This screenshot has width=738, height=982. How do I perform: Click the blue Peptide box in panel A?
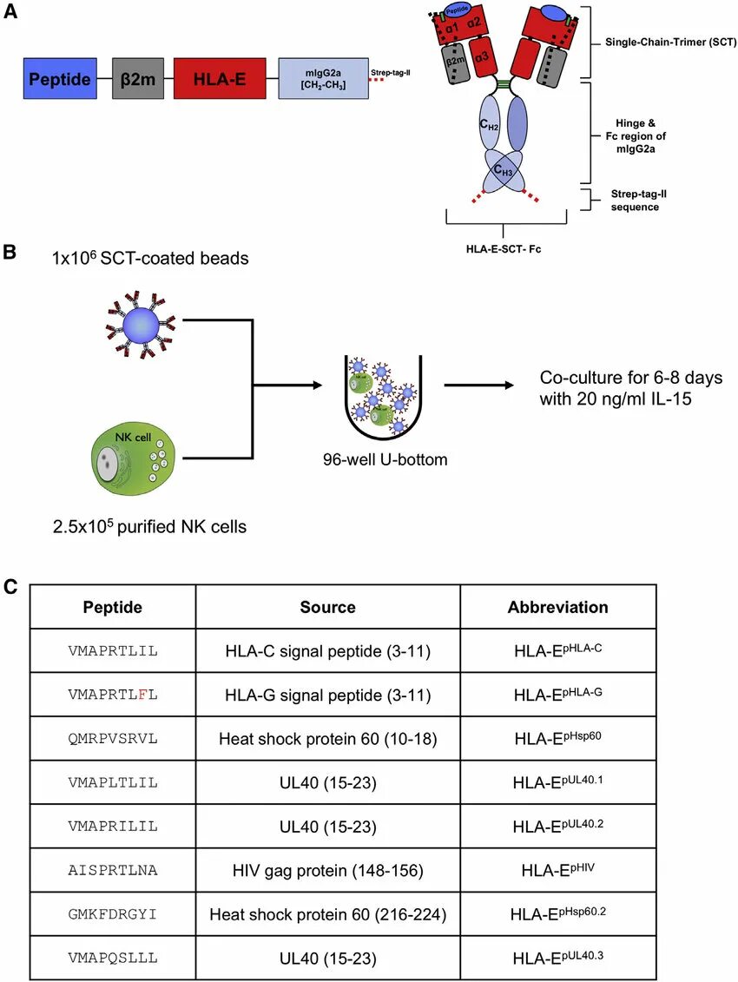[60, 79]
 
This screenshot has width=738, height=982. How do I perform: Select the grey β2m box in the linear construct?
[137, 79]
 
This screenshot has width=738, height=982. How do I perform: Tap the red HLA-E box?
[220, 79]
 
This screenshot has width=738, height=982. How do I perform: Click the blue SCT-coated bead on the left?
[141, 323]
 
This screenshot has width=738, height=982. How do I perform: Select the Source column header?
[327, 607]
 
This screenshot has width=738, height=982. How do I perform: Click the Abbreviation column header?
[557, 607]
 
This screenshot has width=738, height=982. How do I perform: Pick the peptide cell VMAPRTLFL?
[113, 695]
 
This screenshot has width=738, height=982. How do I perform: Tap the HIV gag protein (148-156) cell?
[327, 871]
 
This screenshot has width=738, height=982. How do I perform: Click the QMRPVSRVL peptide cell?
[113, 739]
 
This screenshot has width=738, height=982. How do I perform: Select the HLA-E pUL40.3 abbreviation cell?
[557, 959]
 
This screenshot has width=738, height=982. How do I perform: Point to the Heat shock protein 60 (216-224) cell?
[327, 914]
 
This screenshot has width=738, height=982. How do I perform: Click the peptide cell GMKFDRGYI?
[113, 914]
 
